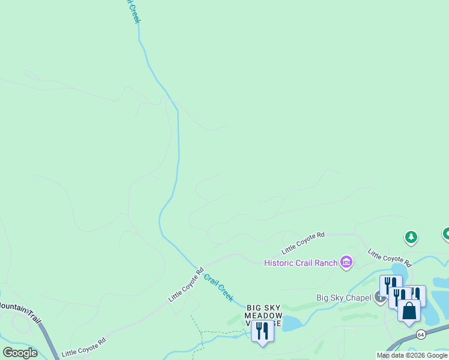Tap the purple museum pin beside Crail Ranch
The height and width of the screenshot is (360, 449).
pos(346,262)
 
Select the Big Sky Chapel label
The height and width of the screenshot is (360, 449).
pos(344,298)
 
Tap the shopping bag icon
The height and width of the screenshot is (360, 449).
pos(409,311)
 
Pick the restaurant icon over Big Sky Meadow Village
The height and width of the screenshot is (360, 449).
pos(262,330)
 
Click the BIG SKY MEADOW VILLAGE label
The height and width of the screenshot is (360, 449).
pos(264,316)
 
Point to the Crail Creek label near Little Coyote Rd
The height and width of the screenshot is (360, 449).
pos(218,287)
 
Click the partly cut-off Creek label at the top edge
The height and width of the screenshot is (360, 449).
pos(133,11)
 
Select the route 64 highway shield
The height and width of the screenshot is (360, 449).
pos(421,334)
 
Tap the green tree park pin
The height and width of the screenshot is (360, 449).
pos(411,238)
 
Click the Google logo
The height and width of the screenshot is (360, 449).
pos(20,353)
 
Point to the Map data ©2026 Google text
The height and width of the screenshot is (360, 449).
pos(412,355)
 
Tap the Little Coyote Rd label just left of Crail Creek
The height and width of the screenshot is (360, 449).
pos(187,284)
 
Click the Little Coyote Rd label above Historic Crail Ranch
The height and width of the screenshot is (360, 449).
pos(303,242)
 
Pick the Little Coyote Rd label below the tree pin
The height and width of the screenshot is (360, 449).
pos(390,258)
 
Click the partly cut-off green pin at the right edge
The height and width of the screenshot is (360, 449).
pos(445,233)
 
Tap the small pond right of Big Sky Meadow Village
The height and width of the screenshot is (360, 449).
pos(292,324)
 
